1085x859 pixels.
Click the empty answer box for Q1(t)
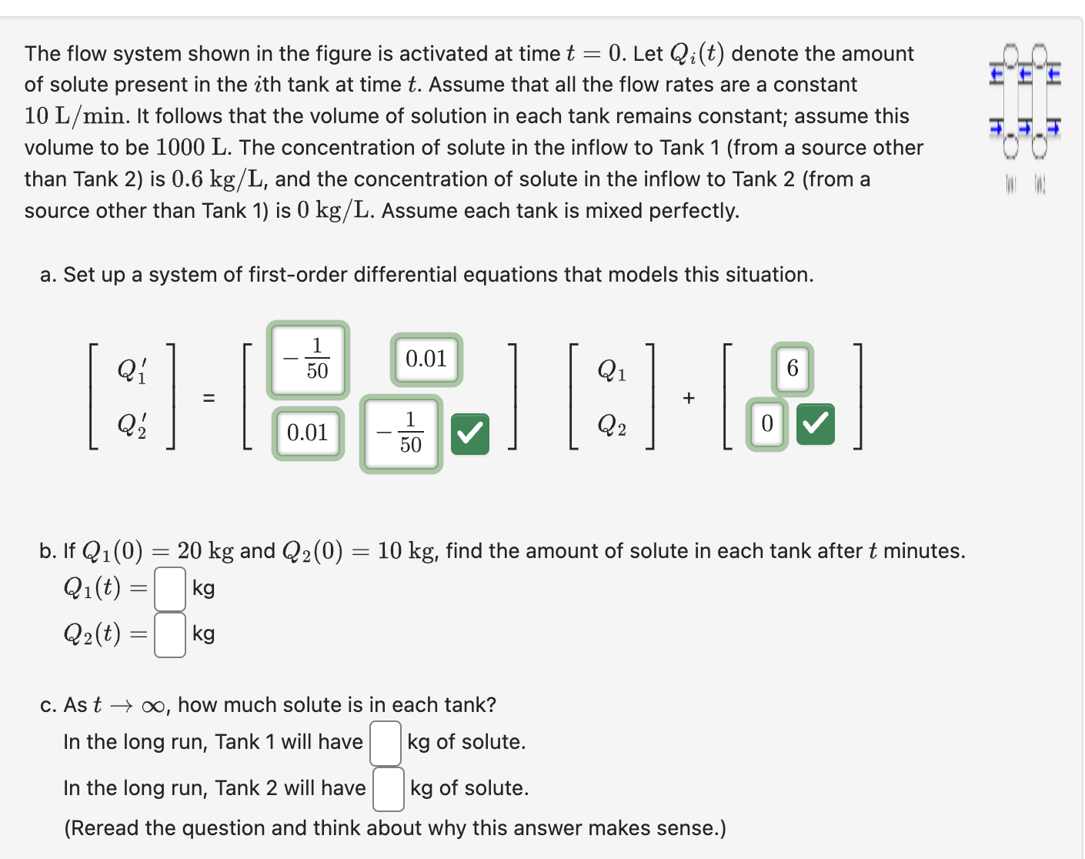pos(170,589)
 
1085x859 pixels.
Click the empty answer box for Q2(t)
pos(170,635)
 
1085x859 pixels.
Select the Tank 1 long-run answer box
pos(386,743)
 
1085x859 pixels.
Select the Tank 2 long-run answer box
pos(389,789)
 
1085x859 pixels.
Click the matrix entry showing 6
pos(793,368)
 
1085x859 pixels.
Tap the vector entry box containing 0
pos(766,424)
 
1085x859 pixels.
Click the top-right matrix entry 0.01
pos(426,359)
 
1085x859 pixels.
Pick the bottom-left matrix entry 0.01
pos(308,433)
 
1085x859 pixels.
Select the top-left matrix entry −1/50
pos(308,359)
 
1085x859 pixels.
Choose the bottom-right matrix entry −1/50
pos(401,433)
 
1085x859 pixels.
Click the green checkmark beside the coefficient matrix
pos(470,434)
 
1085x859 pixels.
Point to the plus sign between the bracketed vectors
pos(689,398)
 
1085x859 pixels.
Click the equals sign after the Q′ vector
pos(209,398)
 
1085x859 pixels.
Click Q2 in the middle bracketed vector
pos(612,425)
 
